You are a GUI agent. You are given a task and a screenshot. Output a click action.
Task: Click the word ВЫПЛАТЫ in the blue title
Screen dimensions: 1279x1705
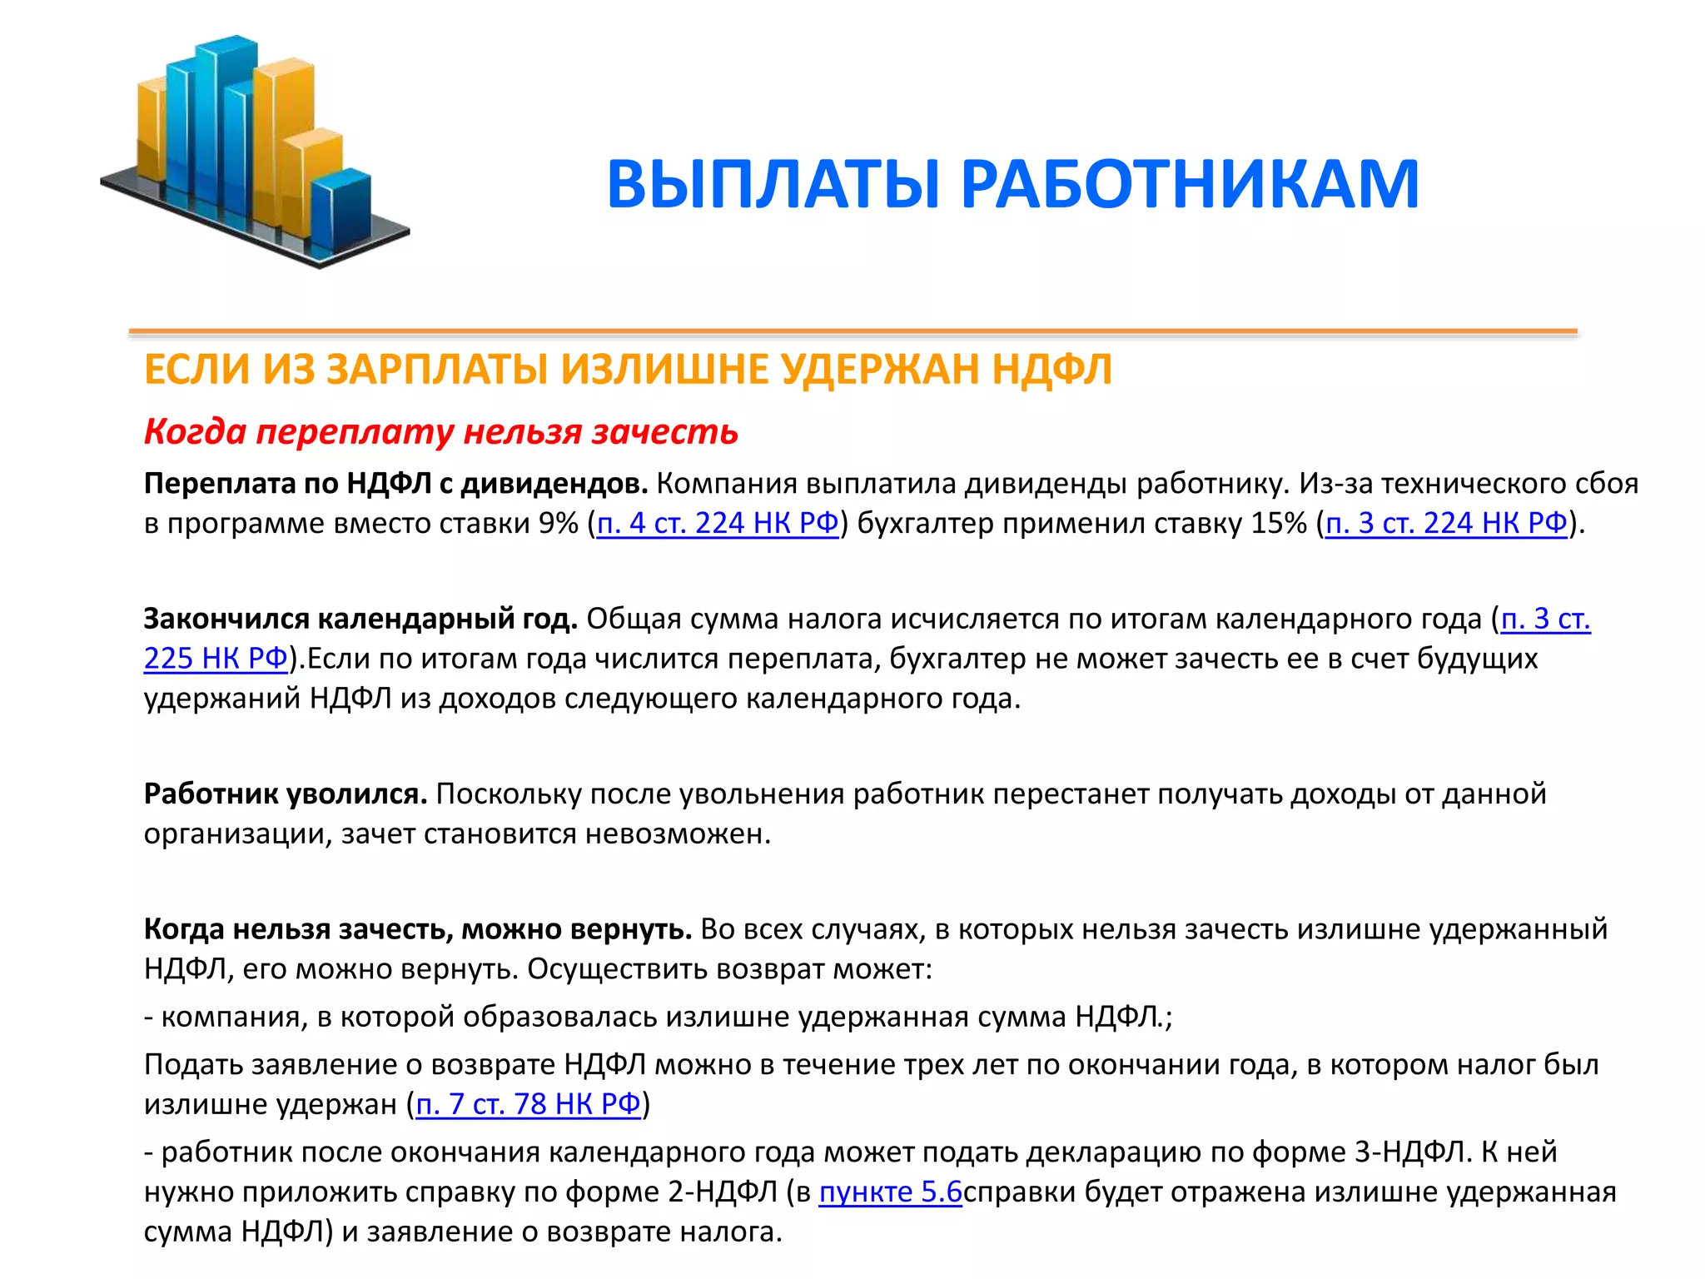pyautogui.click(x=773, y=184)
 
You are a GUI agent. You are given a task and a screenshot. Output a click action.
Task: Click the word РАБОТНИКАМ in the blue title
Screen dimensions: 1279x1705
pyautogui.click(x=1190, y=184)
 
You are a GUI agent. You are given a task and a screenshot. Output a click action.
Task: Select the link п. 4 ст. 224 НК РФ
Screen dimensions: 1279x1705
pyautogui.click(x=718, y=524)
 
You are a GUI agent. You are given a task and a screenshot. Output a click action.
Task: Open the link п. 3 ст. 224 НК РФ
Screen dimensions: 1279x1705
pyautogui.click(x=1446, y=524)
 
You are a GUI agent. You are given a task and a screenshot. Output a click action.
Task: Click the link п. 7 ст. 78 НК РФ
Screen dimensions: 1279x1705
pyautogui.click(x=528, y=1105)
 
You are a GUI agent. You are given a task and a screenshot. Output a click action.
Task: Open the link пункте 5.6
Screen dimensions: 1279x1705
pyautogui.click(x=890, y=1192)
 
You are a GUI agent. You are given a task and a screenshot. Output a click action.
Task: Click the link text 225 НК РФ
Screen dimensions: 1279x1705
pyautogui.click(x=216, y=659)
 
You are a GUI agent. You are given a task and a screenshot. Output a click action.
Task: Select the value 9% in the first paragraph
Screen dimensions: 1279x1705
pyautogui.click(x=558, y=524)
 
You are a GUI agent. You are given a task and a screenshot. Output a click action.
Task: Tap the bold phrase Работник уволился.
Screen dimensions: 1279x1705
pyautogui.click(x=286, y=794)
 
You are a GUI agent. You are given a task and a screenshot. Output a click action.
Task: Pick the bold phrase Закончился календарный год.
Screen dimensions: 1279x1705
pyautogui.click(x=360, y=620)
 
